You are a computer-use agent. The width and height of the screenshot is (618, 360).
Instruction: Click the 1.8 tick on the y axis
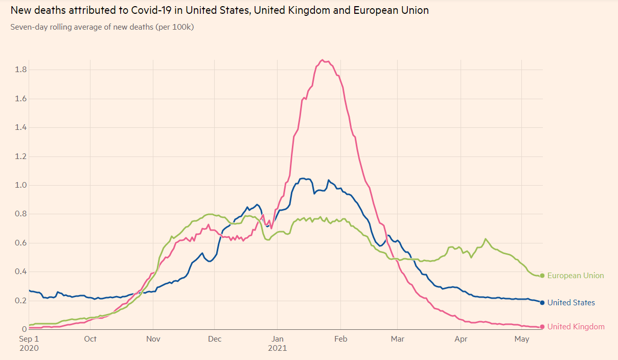21,70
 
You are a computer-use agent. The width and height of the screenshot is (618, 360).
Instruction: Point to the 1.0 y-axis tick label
21,185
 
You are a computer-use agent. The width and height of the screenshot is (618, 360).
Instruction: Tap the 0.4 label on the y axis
21,272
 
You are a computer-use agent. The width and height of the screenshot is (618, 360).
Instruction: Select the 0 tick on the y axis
24,329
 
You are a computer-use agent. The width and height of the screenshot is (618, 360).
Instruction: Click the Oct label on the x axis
90,339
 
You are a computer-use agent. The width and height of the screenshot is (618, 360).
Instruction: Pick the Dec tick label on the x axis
215,339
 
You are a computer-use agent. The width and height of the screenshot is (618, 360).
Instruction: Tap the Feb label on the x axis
340,339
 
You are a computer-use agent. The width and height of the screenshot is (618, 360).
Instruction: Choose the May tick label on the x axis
521,339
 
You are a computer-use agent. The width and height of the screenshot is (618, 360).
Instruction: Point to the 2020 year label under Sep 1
29,348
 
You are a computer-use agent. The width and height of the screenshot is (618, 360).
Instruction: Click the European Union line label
576,276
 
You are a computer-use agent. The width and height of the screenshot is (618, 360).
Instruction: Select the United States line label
571,303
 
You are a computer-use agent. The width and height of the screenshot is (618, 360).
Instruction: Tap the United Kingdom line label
576,327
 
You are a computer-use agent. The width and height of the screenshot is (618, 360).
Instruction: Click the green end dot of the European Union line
542,276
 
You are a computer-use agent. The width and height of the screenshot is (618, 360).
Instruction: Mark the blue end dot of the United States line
542,303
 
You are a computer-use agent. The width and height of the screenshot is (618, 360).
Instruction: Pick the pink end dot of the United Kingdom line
542,327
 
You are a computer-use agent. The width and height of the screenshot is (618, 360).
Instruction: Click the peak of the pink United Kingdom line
322,60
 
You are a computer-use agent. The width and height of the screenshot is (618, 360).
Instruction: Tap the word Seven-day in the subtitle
28,27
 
